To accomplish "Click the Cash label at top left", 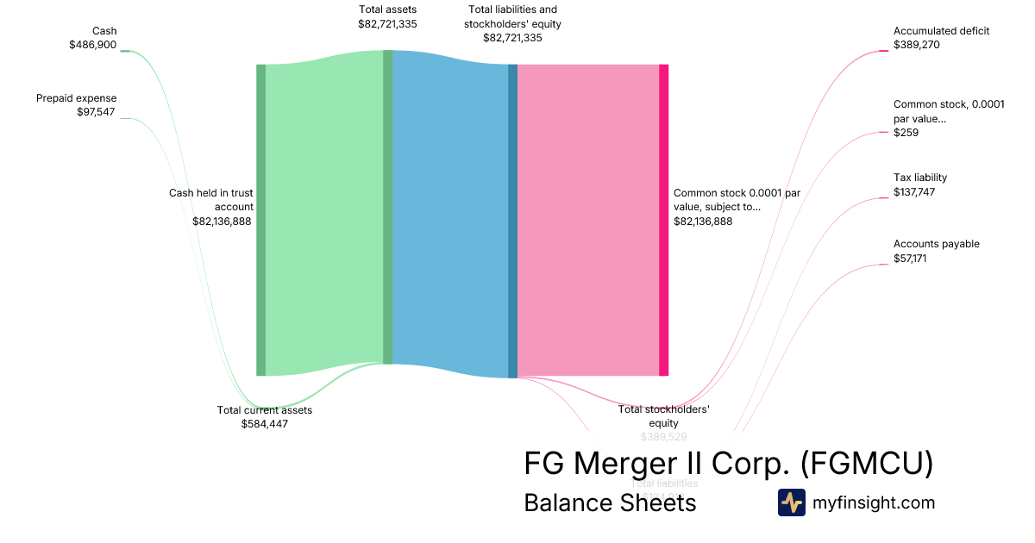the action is [104, 31].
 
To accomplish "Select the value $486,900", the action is [92, 45].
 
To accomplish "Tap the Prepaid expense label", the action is [76, 98].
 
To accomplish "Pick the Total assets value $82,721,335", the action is [387, 24].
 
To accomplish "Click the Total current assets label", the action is [264, 410].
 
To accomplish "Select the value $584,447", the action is [264, 424].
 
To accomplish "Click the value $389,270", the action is [917, 45].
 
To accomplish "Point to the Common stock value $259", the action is [906, 133].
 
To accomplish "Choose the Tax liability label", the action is [919, 178].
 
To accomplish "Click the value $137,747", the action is [914, 192].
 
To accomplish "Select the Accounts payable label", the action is [936, 244].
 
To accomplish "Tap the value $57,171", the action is [910, 259].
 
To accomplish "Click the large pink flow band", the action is [587, 220].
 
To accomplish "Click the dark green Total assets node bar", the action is [387, 207].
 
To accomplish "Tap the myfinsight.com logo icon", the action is [791, 502].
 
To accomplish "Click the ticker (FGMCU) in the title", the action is [866, 464].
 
